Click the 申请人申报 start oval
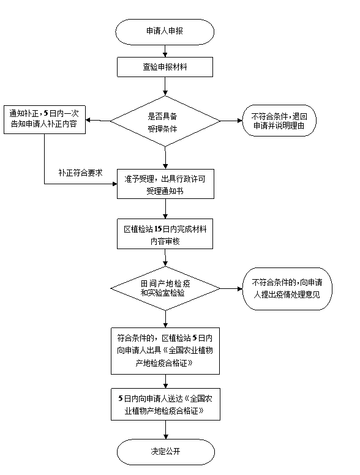[165, 32]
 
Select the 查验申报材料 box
[165, 67]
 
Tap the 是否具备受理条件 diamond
[165, 121]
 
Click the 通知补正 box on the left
[45, 119]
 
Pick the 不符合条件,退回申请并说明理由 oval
[279, 121]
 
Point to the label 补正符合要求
[81, 173]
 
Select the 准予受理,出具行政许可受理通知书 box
[165, 184]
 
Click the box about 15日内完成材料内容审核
[165, 234]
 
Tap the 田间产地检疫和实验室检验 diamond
[165, 288]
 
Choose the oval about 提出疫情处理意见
[287, 289]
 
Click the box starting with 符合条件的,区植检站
[165, 351]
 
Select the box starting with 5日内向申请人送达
[165, 404]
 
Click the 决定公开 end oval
[166, 452]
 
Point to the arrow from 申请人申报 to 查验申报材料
[165, 51]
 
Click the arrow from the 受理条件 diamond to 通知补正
[98, 120]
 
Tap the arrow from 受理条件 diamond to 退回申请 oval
[231, 121]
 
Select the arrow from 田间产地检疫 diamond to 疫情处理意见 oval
[231, 289]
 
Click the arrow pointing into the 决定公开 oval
[166, 430]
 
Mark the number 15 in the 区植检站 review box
[157, 229]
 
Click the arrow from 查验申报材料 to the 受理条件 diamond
[165, 86]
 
